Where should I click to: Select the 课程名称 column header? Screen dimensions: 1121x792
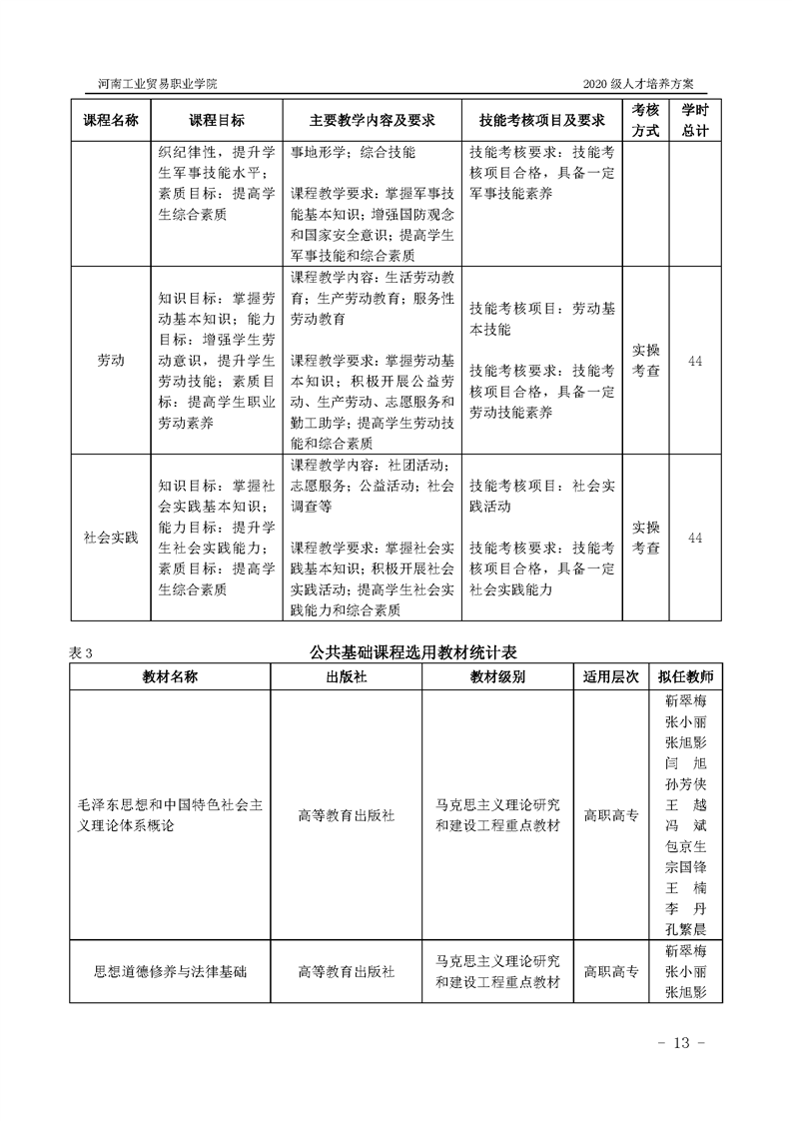click(x=110, y=120)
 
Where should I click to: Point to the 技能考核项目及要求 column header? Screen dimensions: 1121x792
click(x=542, y=120)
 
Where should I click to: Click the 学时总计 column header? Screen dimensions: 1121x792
click(x=695, y=120)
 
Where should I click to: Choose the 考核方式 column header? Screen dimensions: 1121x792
click(x=646, y=120)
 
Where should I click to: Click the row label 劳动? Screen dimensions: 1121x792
click(x=110, y=361)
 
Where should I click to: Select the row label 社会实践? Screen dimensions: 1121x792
click(x=110, y=538)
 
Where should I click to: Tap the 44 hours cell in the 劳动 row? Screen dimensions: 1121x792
click(x=695, y=361)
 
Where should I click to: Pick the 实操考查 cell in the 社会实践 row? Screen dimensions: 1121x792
click(x=646, y=538)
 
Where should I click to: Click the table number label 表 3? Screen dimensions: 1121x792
click(x=81, y=652)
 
